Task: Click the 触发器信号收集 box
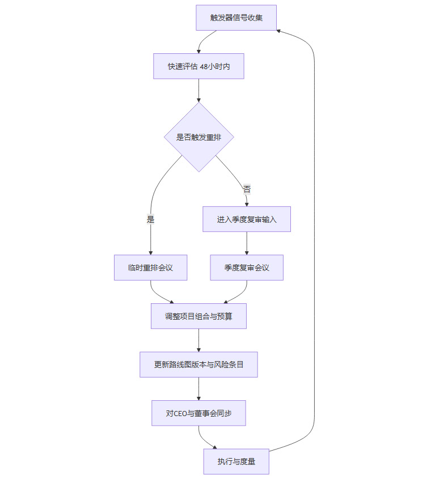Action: coord(236,18)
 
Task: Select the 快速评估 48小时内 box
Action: coord(198,66)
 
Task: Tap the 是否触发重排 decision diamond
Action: coord(198,137)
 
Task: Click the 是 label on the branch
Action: coord(150,219)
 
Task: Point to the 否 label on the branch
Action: coord(247,189)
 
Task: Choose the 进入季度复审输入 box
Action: coord(247,219)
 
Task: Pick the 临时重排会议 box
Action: coord(150,268)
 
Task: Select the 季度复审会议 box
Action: coord(247,268)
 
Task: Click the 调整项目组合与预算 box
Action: coord(198,316)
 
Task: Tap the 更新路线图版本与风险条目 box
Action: coord(198,364)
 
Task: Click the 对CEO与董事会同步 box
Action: coord(198,413)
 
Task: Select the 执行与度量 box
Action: coord(236,461)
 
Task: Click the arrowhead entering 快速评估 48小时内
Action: coord(198,51)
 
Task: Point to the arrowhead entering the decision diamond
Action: coord(198,99)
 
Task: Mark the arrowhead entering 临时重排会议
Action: coord(150,252)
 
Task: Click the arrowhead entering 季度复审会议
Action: coord(247,252)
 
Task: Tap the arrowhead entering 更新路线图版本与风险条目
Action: coord(198,349)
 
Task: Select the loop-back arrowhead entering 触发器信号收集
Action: coord(280,31)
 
